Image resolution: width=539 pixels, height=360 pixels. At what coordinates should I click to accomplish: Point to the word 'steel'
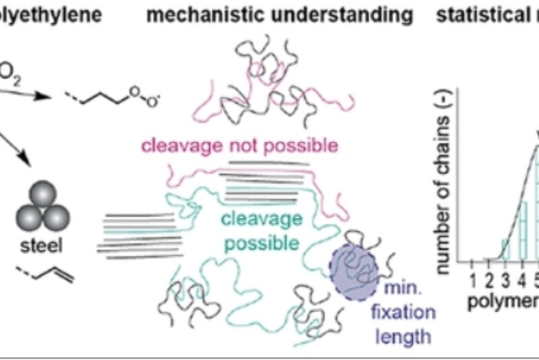point(42,247)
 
